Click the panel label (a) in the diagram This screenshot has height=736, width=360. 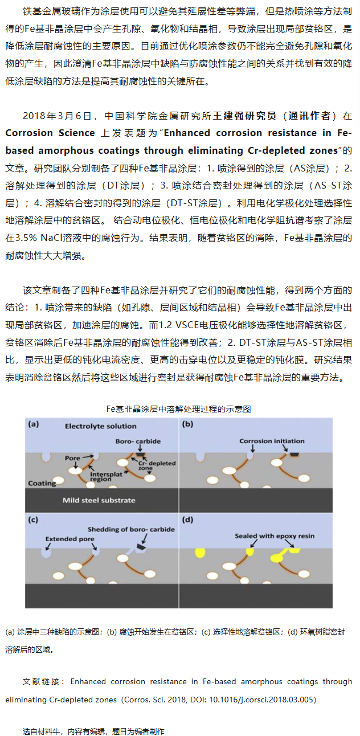click(34, 424)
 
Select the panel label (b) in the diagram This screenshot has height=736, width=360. click(187, 424)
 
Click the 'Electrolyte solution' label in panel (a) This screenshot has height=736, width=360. click(100, 426)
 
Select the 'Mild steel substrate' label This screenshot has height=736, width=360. click(99, 500)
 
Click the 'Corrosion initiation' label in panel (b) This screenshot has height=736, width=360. click(271, 441)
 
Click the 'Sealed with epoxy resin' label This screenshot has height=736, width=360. click(275, 536)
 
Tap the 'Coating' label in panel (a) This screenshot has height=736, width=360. click(42, 483)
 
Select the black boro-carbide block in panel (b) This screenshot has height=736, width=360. click(295, 455)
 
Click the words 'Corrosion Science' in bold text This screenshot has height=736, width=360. click(50, 133)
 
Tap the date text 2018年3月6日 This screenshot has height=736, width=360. click(57, 116)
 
